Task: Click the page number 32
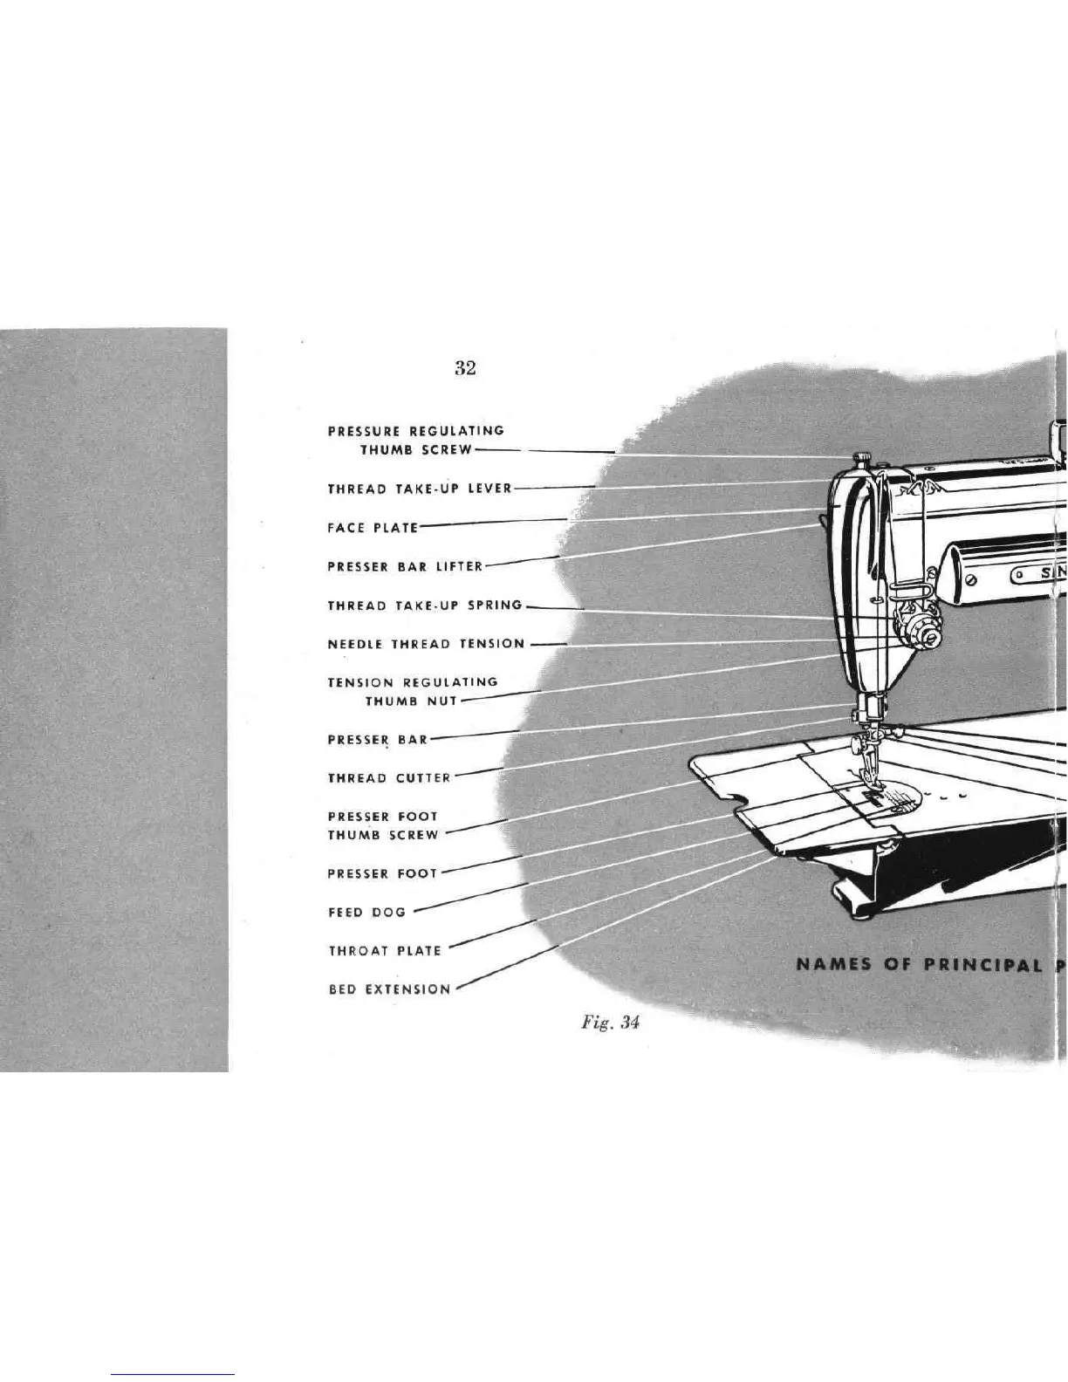(465, 368)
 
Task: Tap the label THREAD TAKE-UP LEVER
(419, 489)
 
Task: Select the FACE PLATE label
(373, 527)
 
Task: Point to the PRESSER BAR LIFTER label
(405, 566)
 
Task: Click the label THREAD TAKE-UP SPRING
(425, 605)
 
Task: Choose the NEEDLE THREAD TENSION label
(426, 644)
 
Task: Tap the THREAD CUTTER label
(389, 777)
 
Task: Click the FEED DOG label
(366, 912)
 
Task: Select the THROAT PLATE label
(385, 950)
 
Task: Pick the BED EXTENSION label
(389, 989)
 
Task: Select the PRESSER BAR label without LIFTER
(378, 739)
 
